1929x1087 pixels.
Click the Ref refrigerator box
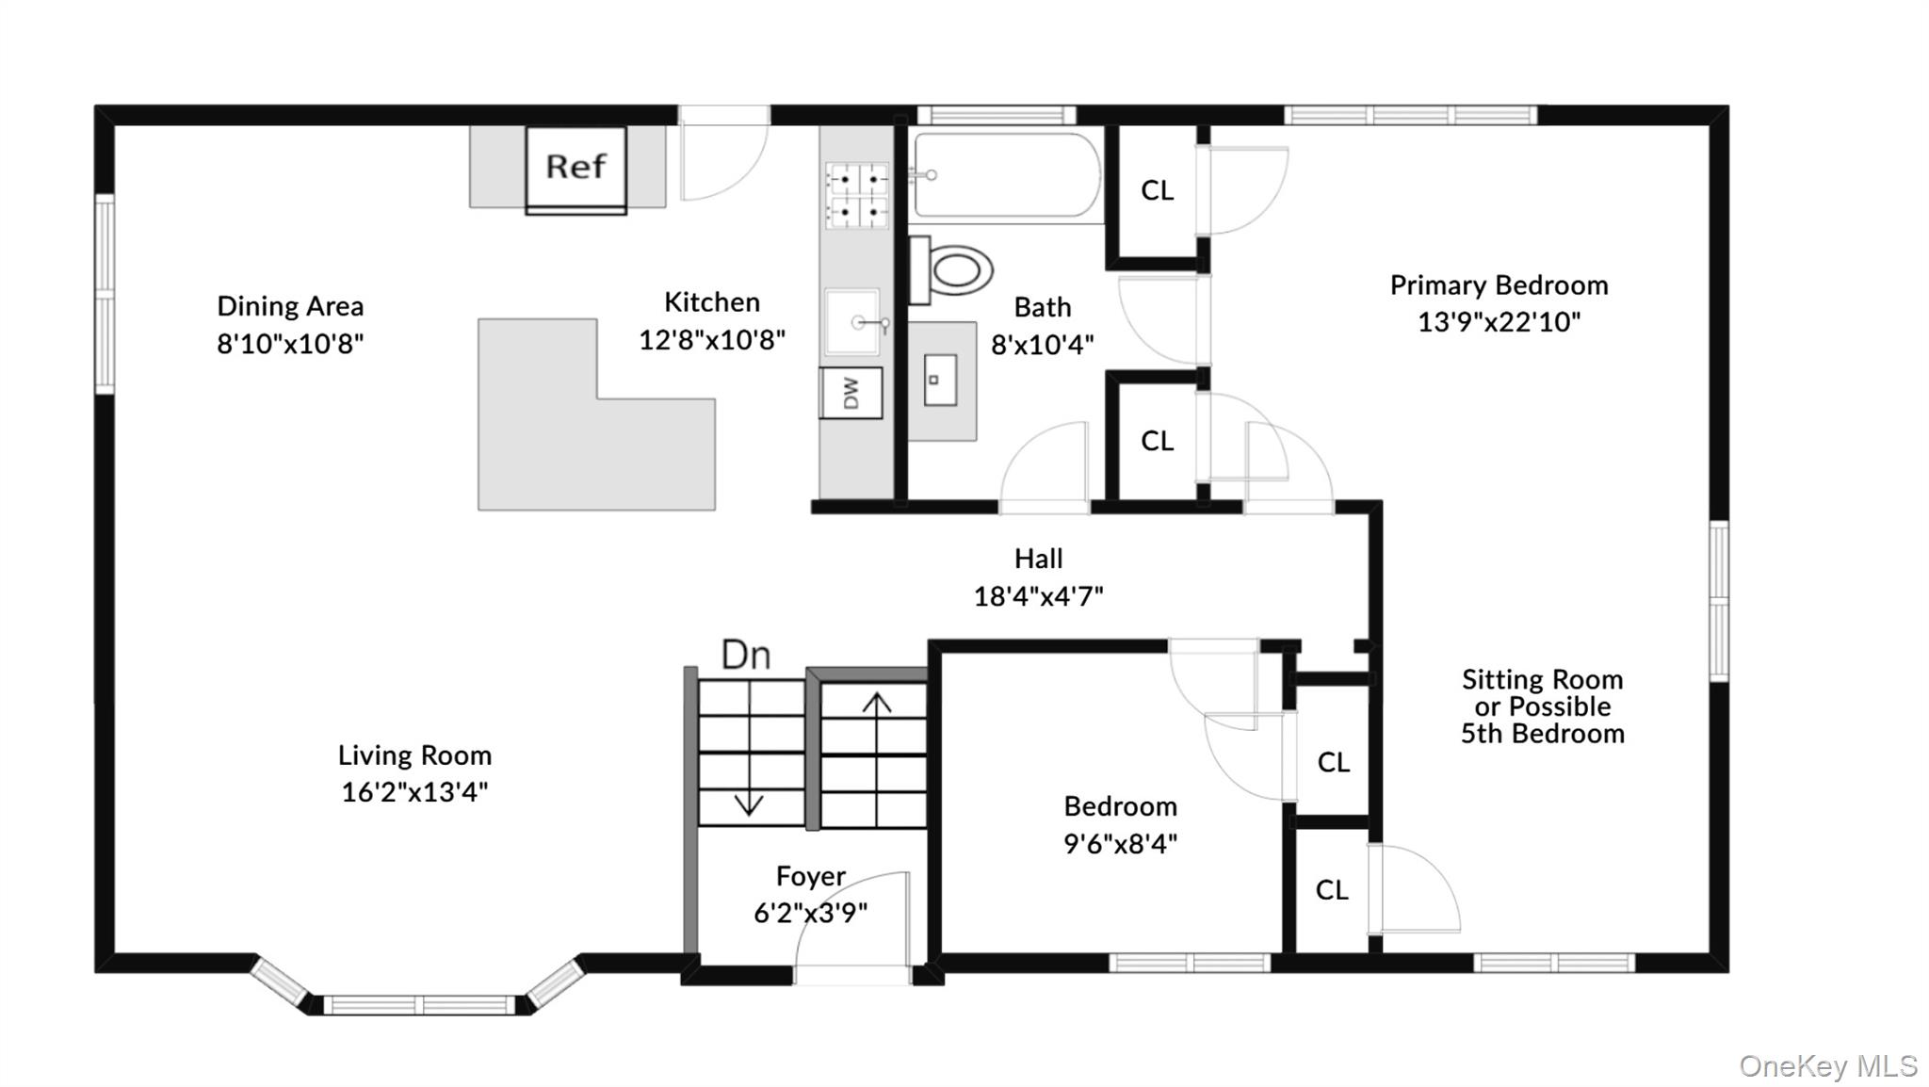click(575, 170)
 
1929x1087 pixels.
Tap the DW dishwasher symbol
click(851, 393)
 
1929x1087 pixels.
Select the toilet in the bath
click(950, 270)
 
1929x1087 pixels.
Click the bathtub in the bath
click(1007, 176)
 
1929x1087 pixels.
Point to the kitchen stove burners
click(857, 196)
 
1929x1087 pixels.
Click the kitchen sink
click(853, 322)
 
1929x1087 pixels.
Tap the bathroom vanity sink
click(940, 380)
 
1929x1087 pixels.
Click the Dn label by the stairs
click(746, 655)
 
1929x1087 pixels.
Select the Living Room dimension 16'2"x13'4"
click(414, 791)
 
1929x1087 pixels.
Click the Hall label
click(1038, 559)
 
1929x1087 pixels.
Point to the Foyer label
click(810, 877)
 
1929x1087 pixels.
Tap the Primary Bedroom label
click(1499, 285)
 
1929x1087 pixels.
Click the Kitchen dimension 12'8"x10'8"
click(712, 339)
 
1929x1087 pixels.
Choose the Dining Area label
click(290, 306)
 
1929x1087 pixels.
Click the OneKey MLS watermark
click(1828, 1065)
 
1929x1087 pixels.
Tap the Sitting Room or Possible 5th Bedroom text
click(1542, 706)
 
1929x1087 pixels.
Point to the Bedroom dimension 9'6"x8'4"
click(1120, 843)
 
